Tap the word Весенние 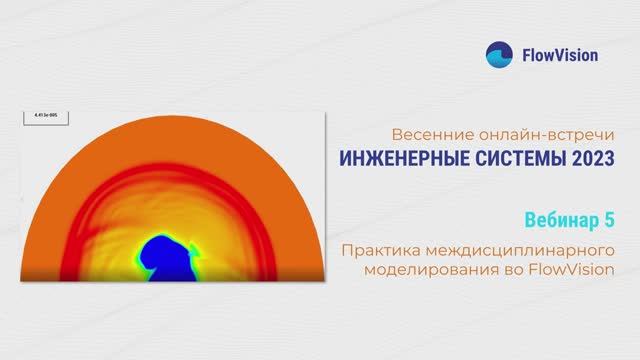tap(423, 134)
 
